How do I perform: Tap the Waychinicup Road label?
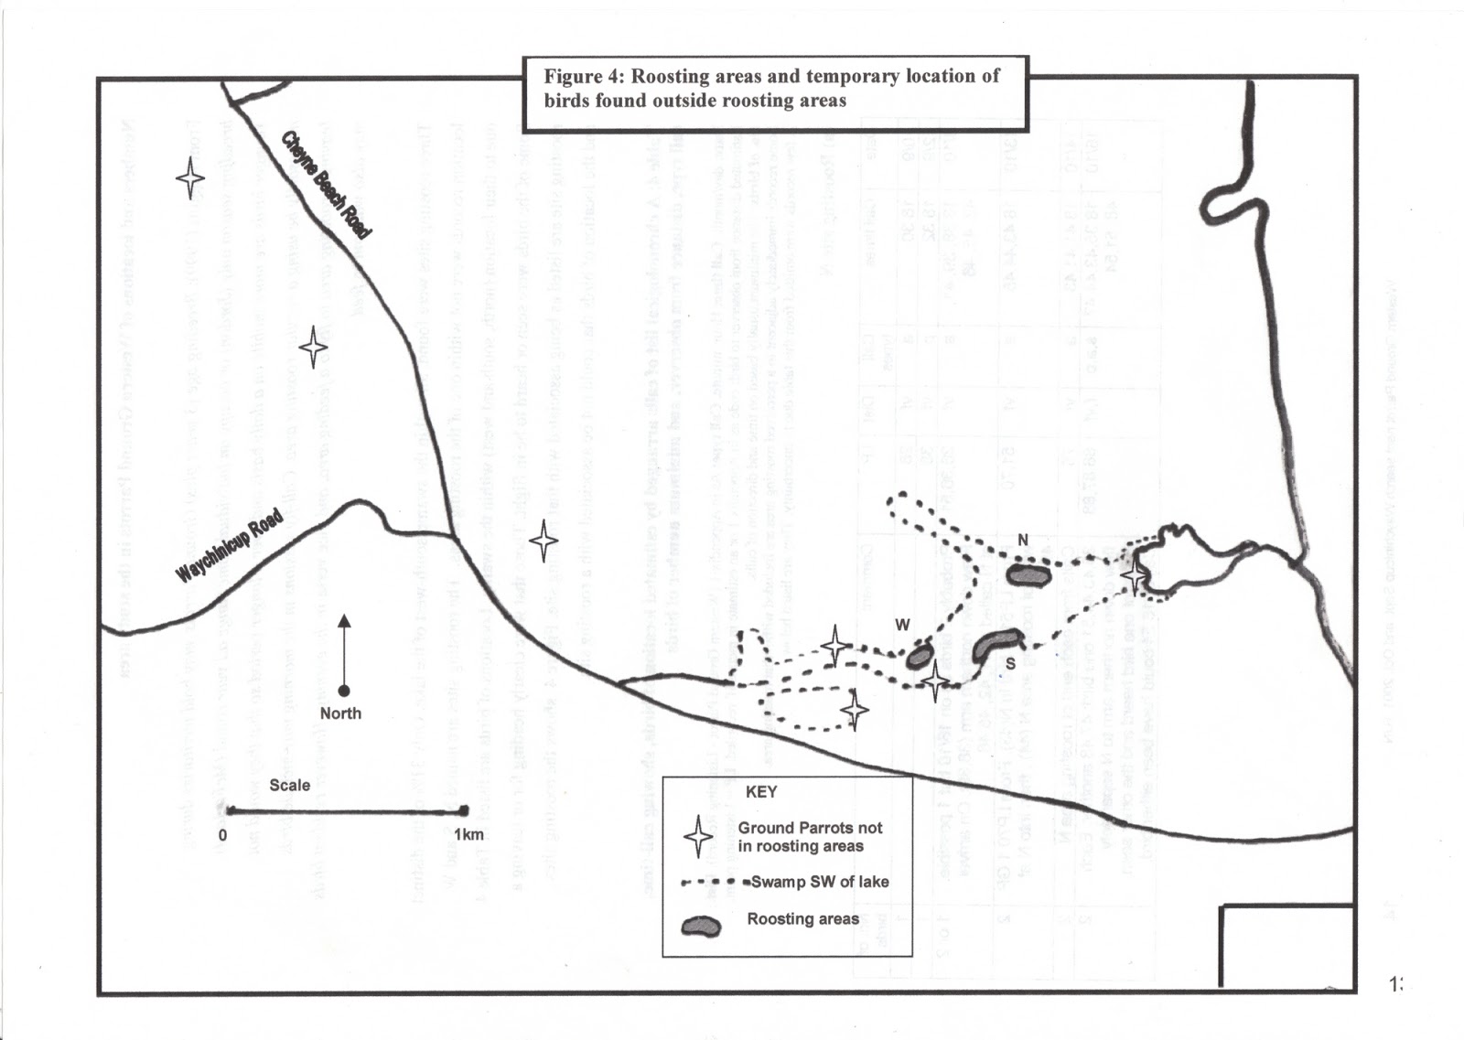click(x=230, y=547)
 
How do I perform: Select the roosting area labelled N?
click(x=1027, y=574)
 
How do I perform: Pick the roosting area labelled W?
click(x=919, y=655)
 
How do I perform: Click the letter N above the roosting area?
click(x=1023, y=541)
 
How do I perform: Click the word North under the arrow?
click(x=340, y=713)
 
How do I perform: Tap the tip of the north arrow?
click(x=344, y=619)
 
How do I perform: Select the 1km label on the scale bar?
click(x=468, y=834)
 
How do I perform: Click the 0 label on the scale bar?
click(x=222, y=835)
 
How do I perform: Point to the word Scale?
click(x=290, y=785)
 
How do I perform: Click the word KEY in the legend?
click(x=761, y=792)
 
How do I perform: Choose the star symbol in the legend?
click(x=698, y=836)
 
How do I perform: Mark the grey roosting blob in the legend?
click(x=702, y=927)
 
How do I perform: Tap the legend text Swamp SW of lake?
click(x=820, y=882)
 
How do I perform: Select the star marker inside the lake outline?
click(x=1135, y=575)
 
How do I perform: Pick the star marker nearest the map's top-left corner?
click(x=190, y=178)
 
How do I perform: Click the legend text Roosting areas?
click(x=802, y=918)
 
